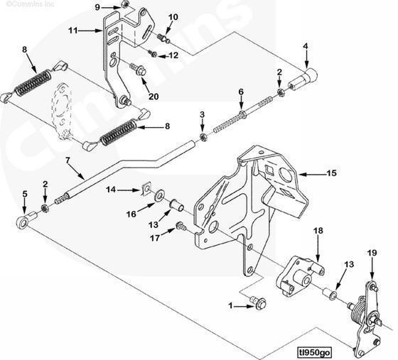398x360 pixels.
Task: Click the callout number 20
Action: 154,97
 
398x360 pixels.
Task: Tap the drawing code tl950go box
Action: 314,352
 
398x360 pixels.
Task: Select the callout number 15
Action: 331,173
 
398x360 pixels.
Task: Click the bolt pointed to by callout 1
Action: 259,302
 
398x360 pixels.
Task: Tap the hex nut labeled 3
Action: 203,136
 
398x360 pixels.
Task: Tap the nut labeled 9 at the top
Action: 124,4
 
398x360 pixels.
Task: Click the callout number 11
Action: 72,31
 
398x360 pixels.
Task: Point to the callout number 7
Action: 68,160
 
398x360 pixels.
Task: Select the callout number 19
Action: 372,253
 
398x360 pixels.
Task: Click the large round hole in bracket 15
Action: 286,174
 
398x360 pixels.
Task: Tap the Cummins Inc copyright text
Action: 30,4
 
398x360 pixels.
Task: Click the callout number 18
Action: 318,231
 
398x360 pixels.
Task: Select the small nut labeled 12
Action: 153,53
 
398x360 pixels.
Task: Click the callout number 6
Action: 241,92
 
